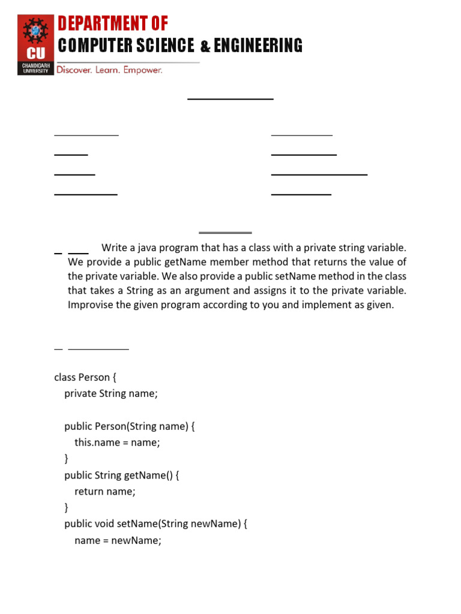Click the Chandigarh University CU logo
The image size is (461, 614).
(x=35, y=45)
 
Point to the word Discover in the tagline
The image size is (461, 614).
(x=73, y=70)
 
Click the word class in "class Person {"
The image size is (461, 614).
(x=65, y=377)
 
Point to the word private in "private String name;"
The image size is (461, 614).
(x=80, y=393)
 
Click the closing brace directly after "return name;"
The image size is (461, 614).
(x=67, y=508)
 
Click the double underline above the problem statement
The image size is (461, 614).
(x=225, y=232)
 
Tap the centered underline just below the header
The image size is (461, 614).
(x=230, y=98)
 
